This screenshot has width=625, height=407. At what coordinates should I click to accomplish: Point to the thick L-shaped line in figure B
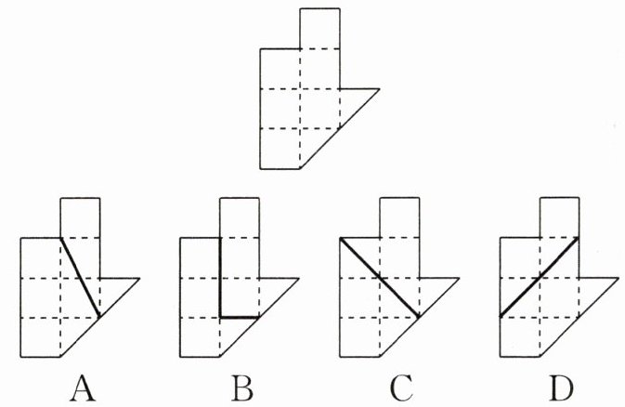coord(220,279)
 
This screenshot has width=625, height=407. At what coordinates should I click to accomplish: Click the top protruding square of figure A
coord(80,217)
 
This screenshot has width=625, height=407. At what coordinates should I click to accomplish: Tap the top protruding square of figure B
coord(240,217)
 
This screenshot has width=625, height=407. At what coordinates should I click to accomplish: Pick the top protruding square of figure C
coord(399,217)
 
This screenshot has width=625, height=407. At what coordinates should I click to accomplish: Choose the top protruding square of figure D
coord(558,217)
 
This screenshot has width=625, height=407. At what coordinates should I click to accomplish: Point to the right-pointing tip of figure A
coord(138,278)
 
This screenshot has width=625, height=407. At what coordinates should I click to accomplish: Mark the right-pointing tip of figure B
coord(298,278)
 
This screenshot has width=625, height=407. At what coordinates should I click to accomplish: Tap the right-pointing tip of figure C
coord(458,278)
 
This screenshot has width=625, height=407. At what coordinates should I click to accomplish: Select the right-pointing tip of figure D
coord(617,278)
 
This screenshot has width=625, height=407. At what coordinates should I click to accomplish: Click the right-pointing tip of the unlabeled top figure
coord(379,89)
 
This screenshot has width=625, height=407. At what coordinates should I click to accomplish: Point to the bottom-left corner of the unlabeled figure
coord(261,169)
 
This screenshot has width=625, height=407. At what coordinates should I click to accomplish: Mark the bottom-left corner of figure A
coord(21,357)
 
